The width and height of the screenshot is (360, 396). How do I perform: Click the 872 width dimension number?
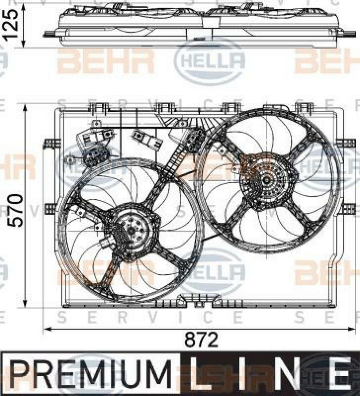[201, 340]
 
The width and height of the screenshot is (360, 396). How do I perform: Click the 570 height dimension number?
[15, 210]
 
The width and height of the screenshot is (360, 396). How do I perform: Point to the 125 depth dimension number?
[10, 24]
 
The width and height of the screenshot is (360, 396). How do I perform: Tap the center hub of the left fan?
[131, 230]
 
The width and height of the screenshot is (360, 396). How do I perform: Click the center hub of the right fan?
[267, 180]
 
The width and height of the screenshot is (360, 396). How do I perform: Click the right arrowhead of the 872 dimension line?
[352, 329]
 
